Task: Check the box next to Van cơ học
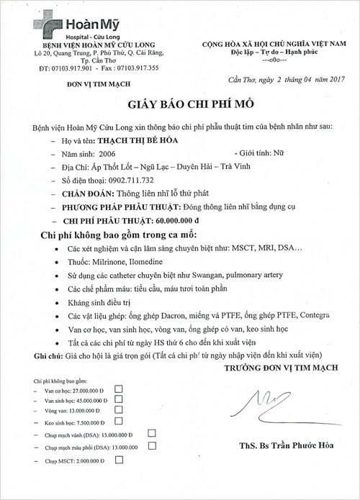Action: tap(120, 388)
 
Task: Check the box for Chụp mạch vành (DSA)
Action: tap(152, 434)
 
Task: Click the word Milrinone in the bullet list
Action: tap(107, 265)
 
